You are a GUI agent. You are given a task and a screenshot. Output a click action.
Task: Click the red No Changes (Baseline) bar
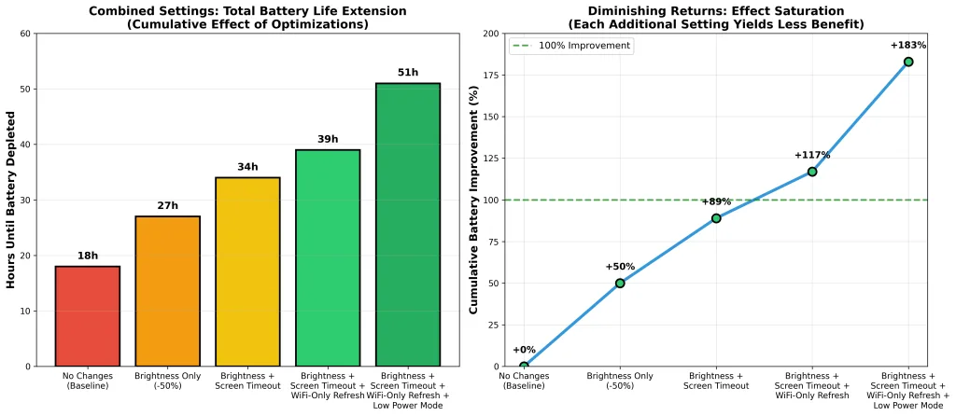click(88, 316)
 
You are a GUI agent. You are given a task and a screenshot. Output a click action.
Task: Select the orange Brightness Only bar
click(167, 291)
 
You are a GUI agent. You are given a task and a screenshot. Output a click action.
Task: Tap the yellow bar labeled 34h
click(247, 271)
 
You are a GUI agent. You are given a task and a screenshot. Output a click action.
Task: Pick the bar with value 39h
click(328, 257)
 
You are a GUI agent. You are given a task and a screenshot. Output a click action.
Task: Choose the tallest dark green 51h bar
click(407, 225)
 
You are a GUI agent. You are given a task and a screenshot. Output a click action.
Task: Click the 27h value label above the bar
click(167, 204)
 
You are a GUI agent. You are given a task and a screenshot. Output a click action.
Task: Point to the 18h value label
click(88, 255)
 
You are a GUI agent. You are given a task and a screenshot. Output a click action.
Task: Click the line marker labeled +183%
click(908, 62)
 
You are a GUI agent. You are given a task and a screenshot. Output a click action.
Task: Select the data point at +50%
click(620, 283)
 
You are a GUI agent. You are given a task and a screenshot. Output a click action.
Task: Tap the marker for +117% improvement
click(812, 172)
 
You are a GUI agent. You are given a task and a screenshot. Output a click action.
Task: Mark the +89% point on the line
click(716, 218)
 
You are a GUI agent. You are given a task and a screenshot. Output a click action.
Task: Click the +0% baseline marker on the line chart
click(524, 366)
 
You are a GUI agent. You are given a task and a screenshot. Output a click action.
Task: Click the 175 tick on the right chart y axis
click(491, 76)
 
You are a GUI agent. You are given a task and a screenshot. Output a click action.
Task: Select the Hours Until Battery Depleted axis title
click(12, 200)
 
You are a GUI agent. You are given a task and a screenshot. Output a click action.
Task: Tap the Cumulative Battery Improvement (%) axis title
click(474, 200)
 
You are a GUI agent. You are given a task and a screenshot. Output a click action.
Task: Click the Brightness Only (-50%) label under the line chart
click(620, 381)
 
